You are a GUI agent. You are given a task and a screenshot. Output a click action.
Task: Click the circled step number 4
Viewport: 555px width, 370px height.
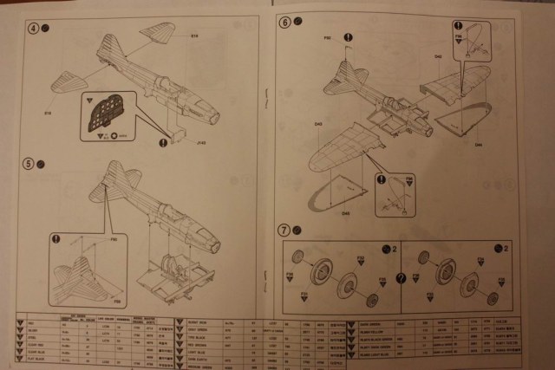(x=34, y=28)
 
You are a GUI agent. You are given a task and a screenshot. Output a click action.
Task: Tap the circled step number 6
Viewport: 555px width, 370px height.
(x=285, y=22)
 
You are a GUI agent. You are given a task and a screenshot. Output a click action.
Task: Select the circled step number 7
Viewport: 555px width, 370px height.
(x=284, y=230)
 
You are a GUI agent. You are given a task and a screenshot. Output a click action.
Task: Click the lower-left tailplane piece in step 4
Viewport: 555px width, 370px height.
(x=68, y=87)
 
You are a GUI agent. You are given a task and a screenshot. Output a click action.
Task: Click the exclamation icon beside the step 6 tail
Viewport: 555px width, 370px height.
(x=348, y=37)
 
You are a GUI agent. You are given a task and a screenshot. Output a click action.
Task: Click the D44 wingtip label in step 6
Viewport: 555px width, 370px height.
(x=478, y=144)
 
